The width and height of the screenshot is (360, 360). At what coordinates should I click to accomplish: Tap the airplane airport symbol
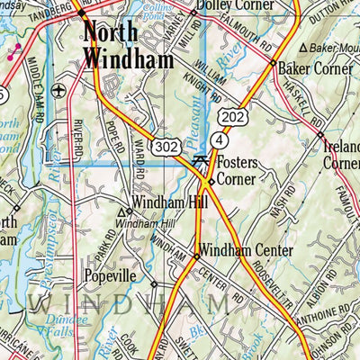click(x=59, y=91)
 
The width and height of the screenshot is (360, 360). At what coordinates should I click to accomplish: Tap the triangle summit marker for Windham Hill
click(x=121, y=212)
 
